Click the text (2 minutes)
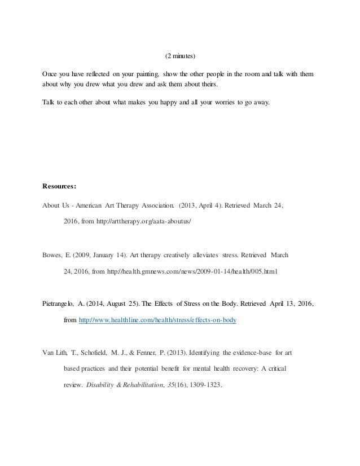(180, 56)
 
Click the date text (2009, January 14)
(96, 255)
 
